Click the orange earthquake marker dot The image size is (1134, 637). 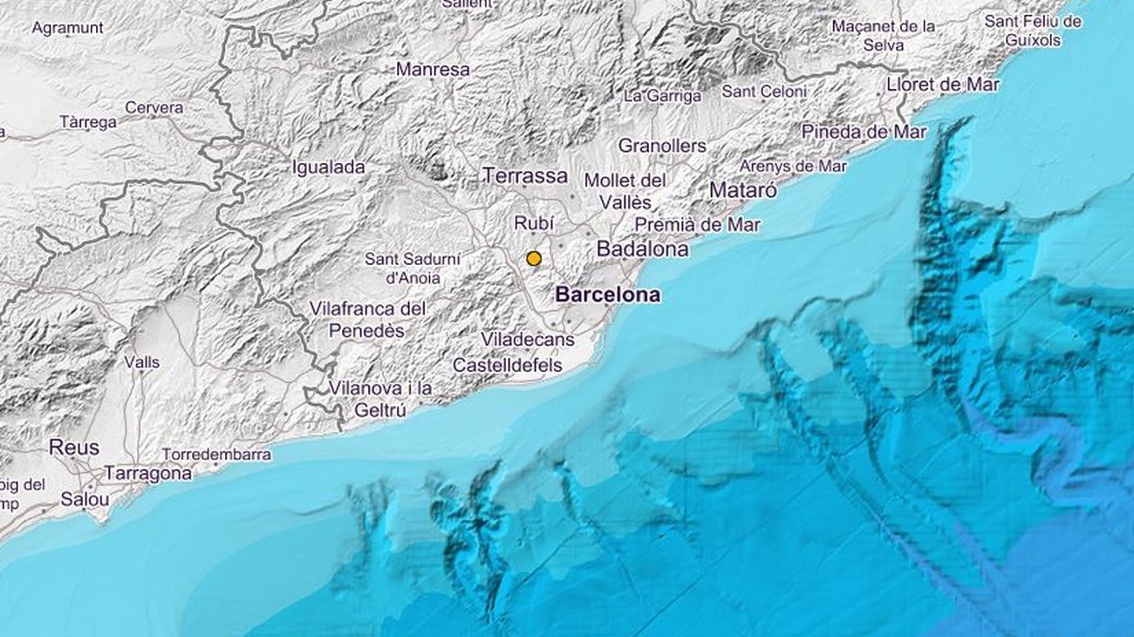534,259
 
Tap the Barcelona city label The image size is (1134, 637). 608,295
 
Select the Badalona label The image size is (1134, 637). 642,249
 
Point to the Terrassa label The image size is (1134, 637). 525,176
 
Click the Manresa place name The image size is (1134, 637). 433,69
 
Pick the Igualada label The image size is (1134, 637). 329,167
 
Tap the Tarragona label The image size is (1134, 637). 148,474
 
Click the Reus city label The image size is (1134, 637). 73,448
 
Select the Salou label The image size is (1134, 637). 85,500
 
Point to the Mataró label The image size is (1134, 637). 742,189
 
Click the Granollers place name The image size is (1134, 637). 662,146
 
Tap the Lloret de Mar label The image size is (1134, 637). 942,85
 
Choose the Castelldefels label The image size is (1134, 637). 508,366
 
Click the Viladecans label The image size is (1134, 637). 528,340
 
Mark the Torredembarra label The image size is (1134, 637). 216,455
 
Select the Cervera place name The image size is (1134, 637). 154,108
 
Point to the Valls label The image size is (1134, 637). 141,362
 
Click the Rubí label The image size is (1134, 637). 534,224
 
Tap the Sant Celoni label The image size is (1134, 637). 764,91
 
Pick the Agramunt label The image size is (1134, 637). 67,28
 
